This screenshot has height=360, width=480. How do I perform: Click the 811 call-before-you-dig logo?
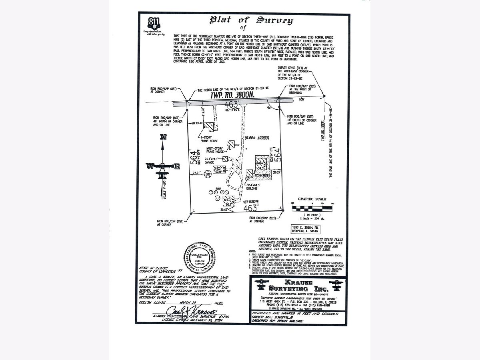tap(152, 24)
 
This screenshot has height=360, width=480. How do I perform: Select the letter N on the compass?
tap(162, 137)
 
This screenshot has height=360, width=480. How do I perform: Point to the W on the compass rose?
tap(149, 165)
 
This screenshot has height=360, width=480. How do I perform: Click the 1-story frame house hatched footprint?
tap(209, 126)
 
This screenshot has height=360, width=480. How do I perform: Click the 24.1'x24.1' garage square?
tap(225, 159)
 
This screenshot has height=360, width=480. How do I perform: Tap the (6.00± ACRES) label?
tap(256, 138)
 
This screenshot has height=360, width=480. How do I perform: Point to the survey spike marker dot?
tap(324, 96)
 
